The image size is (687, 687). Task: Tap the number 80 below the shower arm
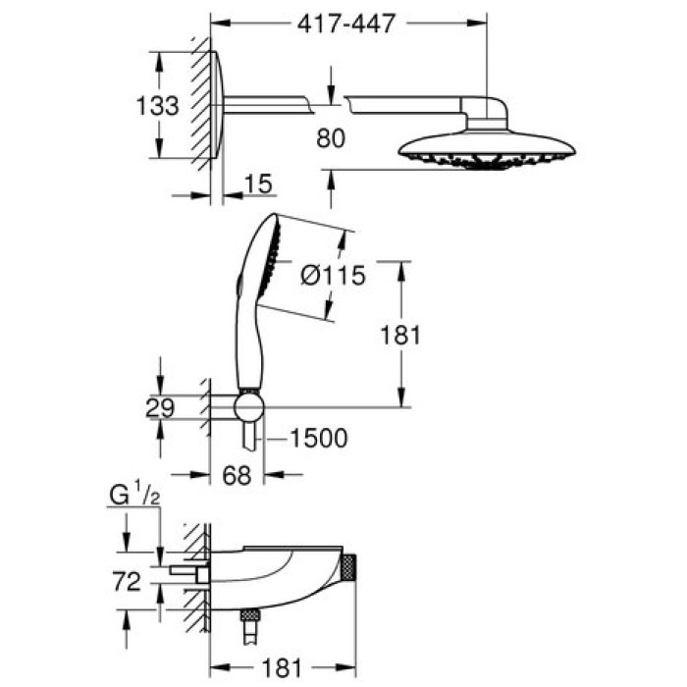click(x=332, y=138)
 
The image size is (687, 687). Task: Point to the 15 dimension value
click(x=258, y=183)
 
